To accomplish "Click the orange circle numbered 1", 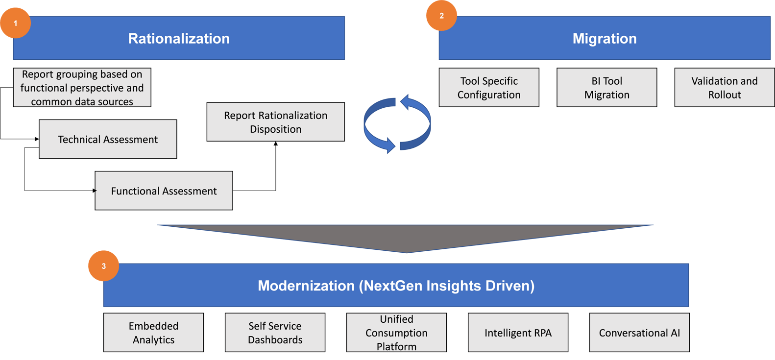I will tap(15, 23).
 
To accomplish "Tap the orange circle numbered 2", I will tap(441, 16).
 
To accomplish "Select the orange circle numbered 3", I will tap(103, 266).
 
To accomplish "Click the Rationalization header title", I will tap(179, 39).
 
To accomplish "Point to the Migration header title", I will tap(605, 39).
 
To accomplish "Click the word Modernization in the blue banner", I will tap(306, 286).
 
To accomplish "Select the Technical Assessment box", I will tap(108, 139).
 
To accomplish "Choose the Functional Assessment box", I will tap(164, 191).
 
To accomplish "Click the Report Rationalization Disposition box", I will tap(275, 122).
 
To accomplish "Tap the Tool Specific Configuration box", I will tap(489, 88).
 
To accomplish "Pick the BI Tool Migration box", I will tap(606, 88).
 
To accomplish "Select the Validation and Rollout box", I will tap(724, 88).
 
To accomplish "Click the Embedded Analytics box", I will tap(153, 333).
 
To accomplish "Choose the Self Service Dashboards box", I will tap(275, 333).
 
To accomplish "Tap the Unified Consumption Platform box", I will tap(396, 333).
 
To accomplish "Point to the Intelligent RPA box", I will tap(518, 333).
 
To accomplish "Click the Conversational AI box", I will tap(639, 333).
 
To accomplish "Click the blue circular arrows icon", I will tap(397, 124).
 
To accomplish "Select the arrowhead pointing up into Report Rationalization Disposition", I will tap(276, 144).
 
